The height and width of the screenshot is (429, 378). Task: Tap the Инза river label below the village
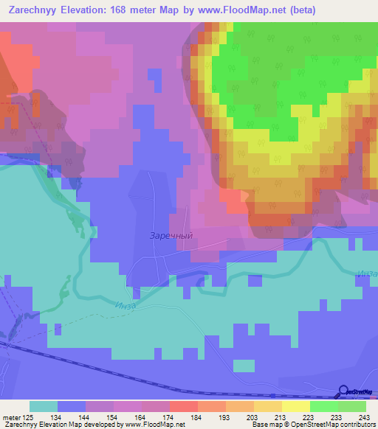click(x=126, y=300)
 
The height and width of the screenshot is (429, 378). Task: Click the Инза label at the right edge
click(x=368, y=273)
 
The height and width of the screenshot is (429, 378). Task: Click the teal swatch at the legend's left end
click(x=44, y=406)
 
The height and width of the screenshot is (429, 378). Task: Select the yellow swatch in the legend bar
click(x=295, y=406)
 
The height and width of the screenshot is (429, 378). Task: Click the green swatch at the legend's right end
click(x=352, y=406)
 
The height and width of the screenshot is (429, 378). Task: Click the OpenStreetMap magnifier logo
click(x=344, y=391)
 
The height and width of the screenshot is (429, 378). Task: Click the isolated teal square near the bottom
click(x=244, y=366)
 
